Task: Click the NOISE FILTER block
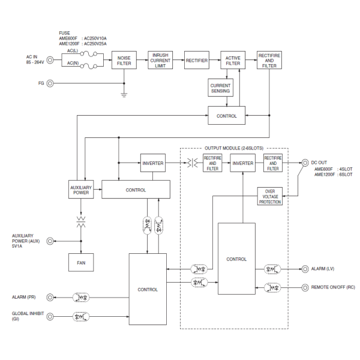pyautogui.click(x=124, y=60)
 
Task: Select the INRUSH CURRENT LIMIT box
pyautogui.click(x=160, y=60)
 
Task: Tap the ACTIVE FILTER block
pyautogui.click(x=232, y=60)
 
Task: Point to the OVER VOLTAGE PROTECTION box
pyautogui.click(x=270, y=196)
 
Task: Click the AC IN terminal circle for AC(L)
pyautogui.click(x=50, y=60)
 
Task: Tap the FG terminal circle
pyautogui.click(x=50, y=83)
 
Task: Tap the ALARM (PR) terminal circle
pyautogui.click(x=50, y=297)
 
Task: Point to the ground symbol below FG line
pyautogui.click(x=124, y=94)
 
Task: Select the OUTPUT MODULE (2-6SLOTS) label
pyautogui.click(x=234, y=148)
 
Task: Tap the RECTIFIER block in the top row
pyautogui.click(x=196, y=60)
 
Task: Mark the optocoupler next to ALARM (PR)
pyautogui.click(x=80, y=297)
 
